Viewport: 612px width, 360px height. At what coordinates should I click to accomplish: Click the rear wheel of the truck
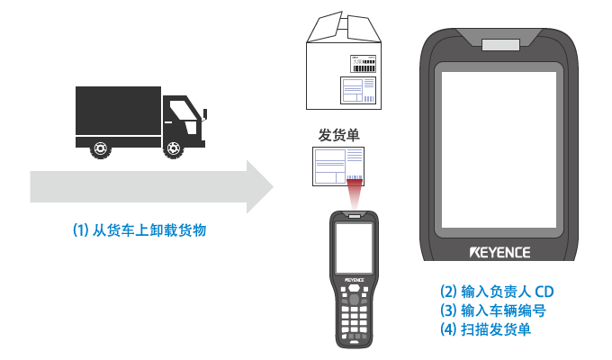tap(99, 149)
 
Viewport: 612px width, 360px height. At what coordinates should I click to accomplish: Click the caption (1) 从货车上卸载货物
tap(139, 230)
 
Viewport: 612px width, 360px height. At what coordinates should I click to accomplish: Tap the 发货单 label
tap(338, 135)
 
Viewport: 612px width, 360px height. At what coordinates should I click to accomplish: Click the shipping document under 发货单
tap(337, 166)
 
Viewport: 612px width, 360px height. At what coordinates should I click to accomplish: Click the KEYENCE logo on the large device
tap(499, 251)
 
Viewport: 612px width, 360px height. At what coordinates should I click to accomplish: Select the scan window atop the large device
tap(499, 45)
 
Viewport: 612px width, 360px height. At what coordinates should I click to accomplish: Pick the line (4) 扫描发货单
tap(484, 329)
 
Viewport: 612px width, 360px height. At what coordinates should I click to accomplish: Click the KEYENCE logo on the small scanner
tap(354, 281)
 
